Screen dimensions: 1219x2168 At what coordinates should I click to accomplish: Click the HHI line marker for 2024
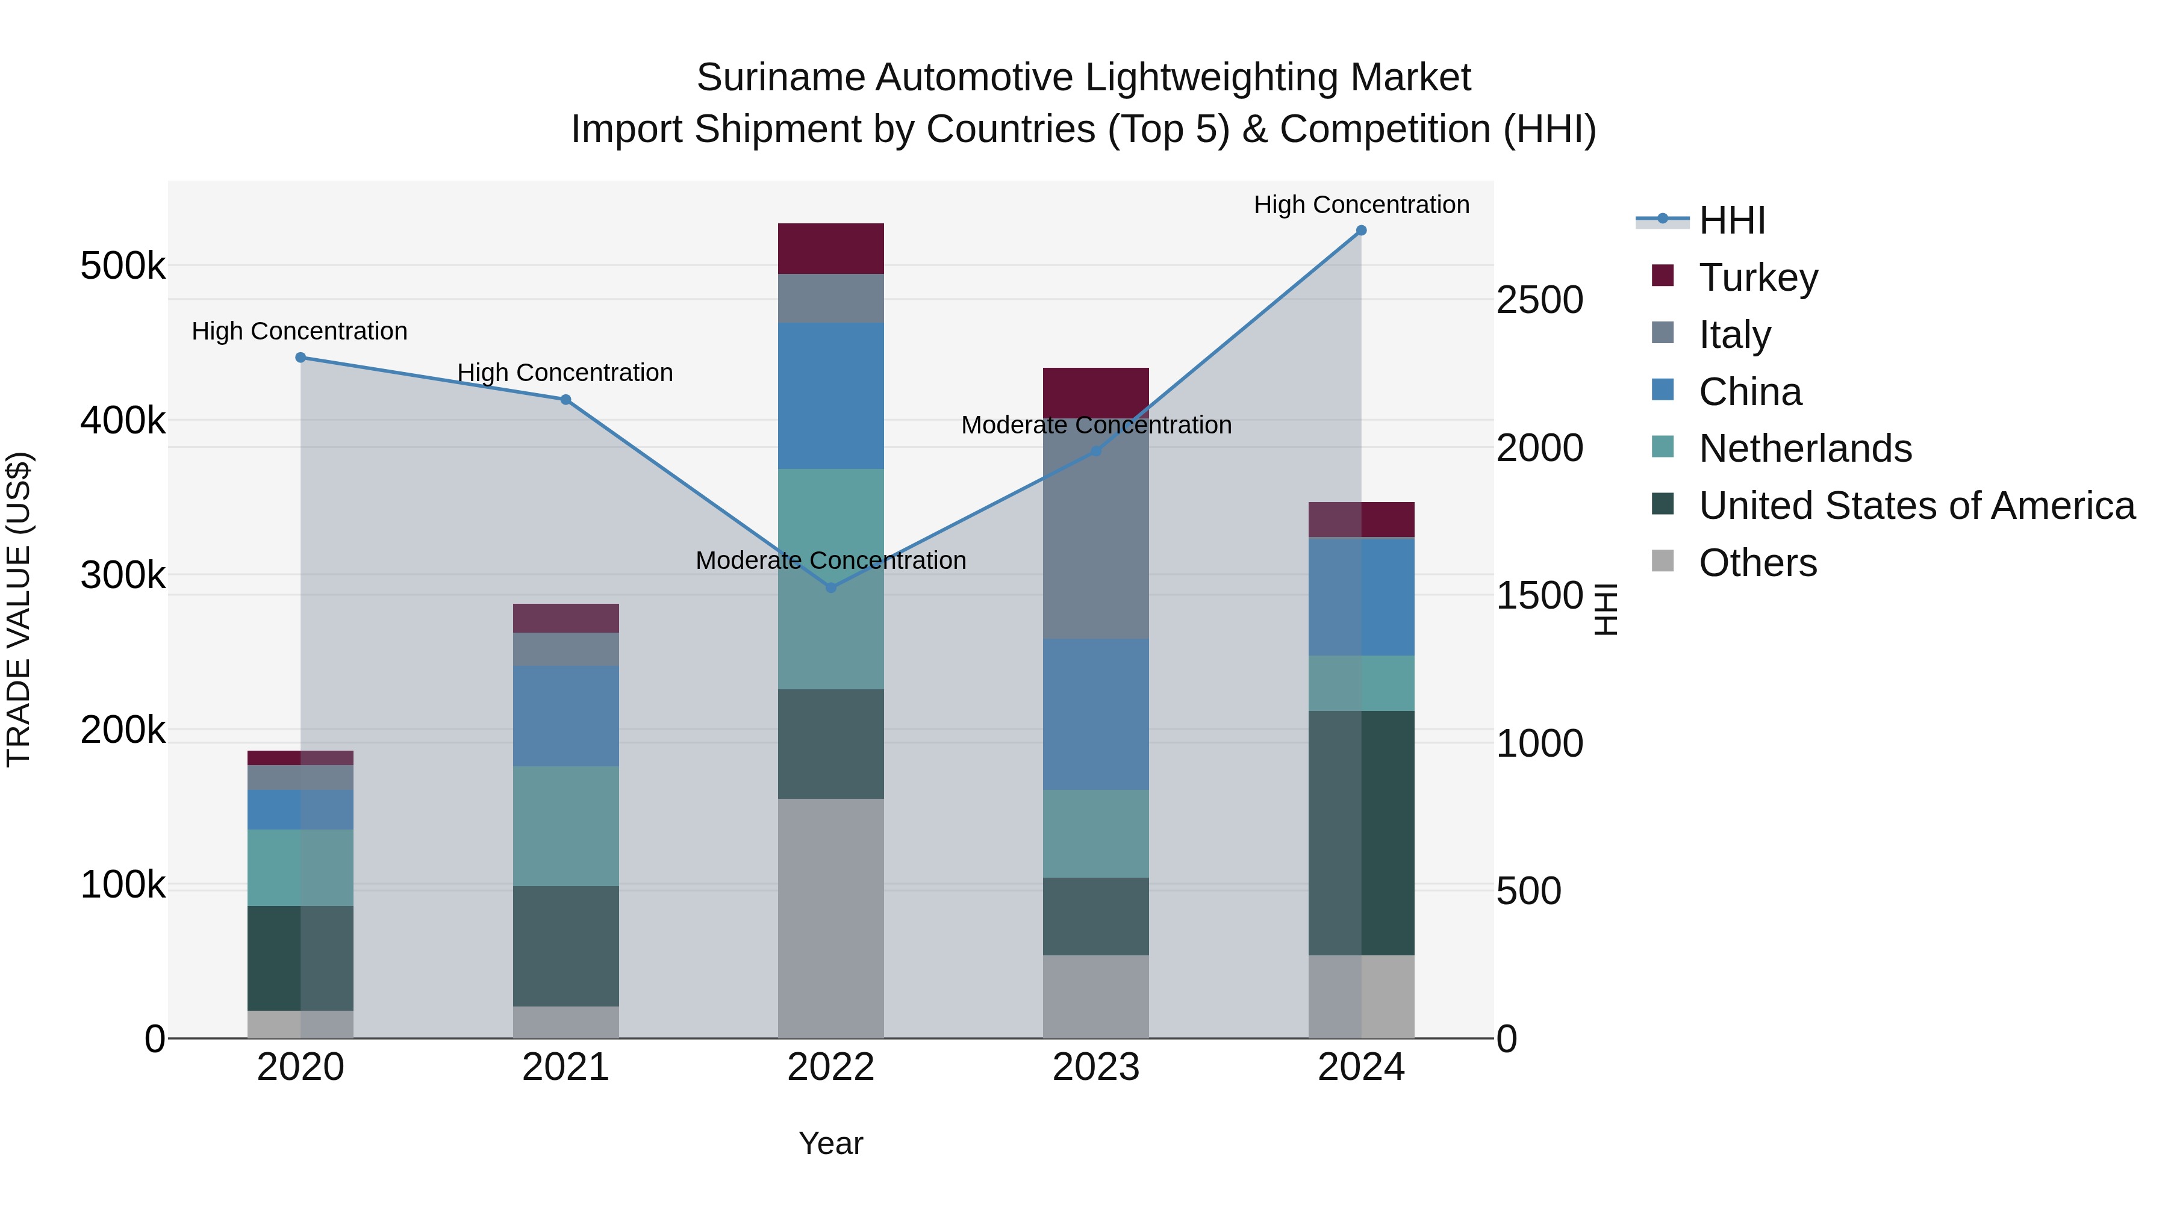point(1361,231)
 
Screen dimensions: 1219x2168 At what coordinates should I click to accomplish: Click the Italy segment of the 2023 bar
point(1096,530)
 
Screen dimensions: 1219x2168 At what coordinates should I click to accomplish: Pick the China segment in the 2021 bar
point(565,715)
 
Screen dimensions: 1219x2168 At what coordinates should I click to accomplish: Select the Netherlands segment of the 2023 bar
point(1096,833)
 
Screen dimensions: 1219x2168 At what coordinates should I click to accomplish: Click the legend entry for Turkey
point(1758,278)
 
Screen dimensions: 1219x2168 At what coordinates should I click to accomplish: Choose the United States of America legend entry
point(1916,506)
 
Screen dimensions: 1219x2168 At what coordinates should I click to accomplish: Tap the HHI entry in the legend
point(1732,220)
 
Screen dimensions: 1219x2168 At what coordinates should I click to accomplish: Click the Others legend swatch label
point(1757,563)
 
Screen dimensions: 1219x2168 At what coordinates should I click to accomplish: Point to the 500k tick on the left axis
point(123,267)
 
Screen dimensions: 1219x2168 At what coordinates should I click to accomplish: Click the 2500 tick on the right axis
point(1539,300)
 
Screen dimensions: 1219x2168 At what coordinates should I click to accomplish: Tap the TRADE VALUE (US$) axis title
point(19,609)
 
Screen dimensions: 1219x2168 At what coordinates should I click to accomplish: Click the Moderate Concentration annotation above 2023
point(1096,426)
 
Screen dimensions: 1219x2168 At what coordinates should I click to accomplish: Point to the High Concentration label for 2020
point(300,332)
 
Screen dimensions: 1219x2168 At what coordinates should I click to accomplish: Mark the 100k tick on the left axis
point(123,885)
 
